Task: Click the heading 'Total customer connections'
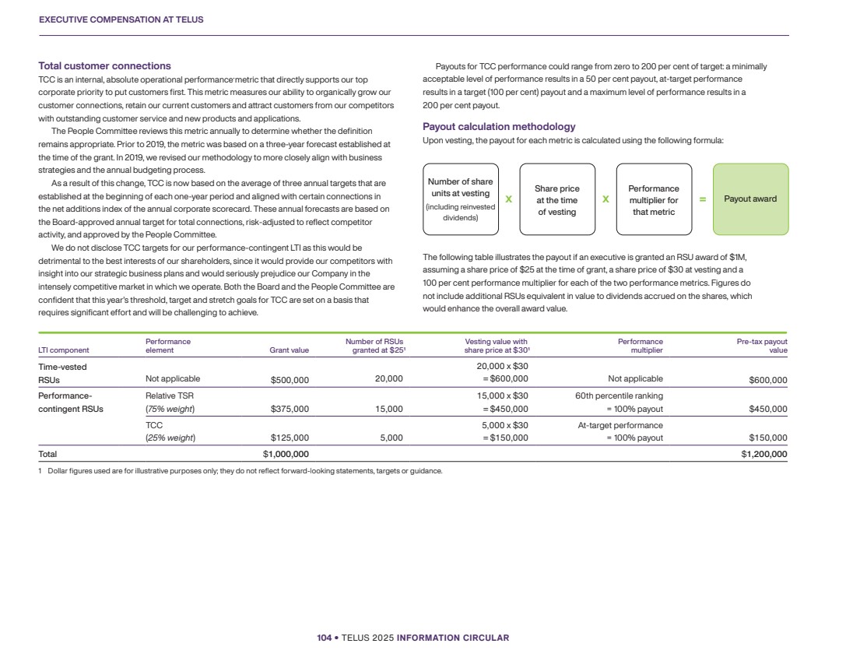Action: tap(105, 66)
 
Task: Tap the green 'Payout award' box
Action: tap(750, 199)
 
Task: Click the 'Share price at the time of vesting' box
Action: tap(557, 200)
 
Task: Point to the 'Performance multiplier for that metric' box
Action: tap(653, 200)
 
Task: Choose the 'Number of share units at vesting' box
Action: tap(460, 199)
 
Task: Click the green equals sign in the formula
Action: tap(702, 199)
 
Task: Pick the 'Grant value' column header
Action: tap(289, 350)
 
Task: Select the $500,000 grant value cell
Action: tap(290, 379)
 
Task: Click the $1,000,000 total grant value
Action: tap(286, 454)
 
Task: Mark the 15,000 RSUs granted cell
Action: tap(388, 409)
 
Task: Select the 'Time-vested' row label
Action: tap(63, 366)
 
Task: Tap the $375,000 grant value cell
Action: tap(290, 409)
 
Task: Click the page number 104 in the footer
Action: tap(324, 638)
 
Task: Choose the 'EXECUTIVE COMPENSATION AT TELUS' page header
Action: tap(121, 19)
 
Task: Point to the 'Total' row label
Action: tap(47, 454)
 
